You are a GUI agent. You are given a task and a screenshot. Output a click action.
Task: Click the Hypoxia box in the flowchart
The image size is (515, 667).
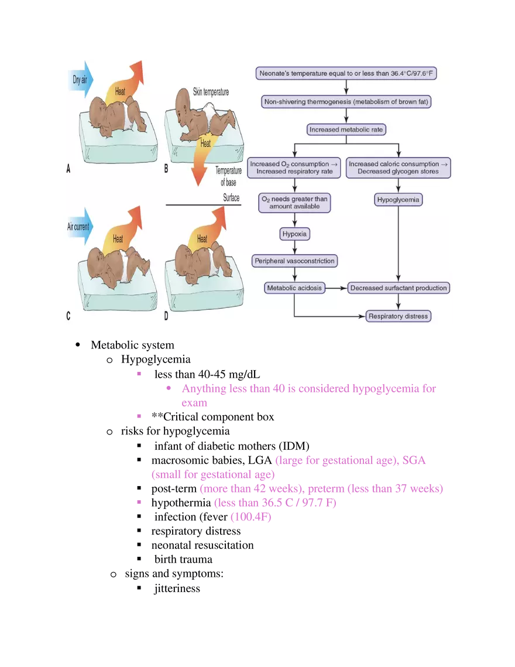click(x=295, y=234)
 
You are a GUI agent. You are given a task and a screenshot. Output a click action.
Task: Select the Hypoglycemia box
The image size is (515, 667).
click(x=398, y=200)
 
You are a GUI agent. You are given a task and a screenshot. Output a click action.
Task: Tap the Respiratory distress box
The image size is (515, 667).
click(x=398, y=316)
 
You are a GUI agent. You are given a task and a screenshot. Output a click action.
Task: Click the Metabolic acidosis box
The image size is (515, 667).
click(x=294, y=288)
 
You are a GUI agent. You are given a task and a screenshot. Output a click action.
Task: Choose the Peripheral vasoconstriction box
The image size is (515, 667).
click(x=295, y=261)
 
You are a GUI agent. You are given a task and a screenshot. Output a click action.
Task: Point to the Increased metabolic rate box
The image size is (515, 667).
click(x=346, y=129)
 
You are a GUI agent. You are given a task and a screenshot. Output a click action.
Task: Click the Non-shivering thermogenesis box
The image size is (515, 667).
click(x=346, y=102)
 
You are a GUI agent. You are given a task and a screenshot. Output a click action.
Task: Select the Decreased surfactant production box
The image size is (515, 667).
click(x=399, y=288)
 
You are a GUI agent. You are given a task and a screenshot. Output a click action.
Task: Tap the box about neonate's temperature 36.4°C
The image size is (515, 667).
click(x=346, y=74)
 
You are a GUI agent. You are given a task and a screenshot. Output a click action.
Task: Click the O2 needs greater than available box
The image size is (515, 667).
click(x=295, y=203)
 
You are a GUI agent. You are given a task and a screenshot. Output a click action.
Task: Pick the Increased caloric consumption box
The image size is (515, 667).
click(x=398, y=168)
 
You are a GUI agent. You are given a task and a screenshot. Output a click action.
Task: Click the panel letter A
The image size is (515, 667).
click(x=68, y=169)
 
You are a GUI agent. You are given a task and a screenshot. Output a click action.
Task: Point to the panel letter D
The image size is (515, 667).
click(x=167, y=316)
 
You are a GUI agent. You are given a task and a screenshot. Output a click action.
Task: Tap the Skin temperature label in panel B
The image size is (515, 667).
click(x=211, y=93)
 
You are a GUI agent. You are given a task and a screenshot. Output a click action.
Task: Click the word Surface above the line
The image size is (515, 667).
click(x=231, y=198)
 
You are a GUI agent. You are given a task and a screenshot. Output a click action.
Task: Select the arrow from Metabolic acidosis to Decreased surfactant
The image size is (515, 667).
click(x=337, y=288)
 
